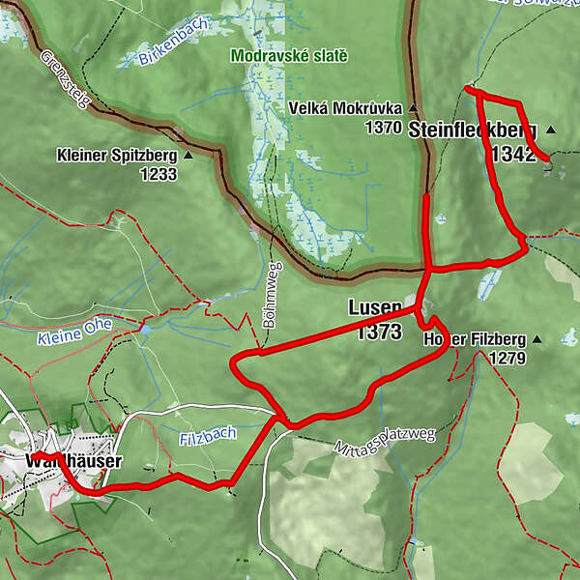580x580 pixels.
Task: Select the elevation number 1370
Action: coord(383,127)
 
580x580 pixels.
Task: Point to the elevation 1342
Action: coord(512,155)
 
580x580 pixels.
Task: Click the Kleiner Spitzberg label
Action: coord(116,155)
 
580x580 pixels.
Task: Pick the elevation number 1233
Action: coord(158,174)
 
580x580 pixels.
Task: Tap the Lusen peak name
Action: coord(374,308)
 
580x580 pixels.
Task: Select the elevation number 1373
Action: coord(378,332)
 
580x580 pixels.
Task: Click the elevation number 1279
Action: coord(507,359)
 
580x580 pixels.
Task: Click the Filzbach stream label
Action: coord(207,435)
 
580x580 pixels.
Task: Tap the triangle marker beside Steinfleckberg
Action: coord(551,130)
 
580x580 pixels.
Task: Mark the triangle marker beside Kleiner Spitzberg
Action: coord(188,155)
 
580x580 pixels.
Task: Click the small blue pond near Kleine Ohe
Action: coord(144,329)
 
